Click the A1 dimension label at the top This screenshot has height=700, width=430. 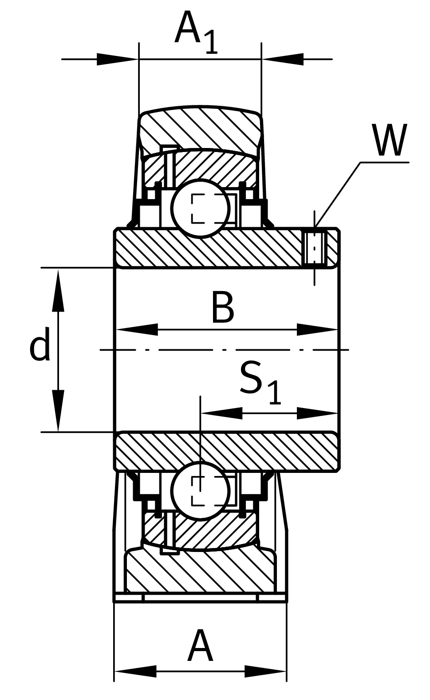click(x=196, y=32)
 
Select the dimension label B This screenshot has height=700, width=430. click(x=222, y=308)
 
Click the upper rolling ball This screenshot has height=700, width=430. click(x=201, y=208)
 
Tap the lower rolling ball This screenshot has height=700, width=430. click(x=200, y=490)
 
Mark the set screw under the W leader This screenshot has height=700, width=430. click(x=314, y=248)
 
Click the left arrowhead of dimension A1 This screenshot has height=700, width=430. click(x=116, y=59)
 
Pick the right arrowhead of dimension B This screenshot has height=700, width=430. click(x=317, y=330)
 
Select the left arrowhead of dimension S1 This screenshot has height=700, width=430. click(x=221, y=413)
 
